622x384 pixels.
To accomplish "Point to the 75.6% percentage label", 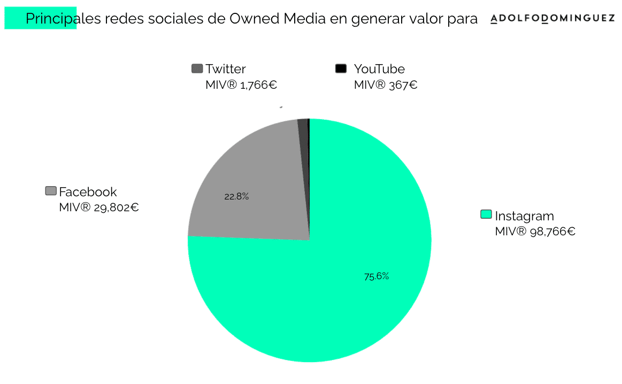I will click(x=377, y=277).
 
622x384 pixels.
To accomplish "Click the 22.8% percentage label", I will click(x=236, y=196).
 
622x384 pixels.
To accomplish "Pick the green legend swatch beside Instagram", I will click(x=486, y=215).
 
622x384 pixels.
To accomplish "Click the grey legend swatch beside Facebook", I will click(x=51, y=191).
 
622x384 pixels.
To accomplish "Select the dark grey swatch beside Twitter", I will click(x=197, y=68).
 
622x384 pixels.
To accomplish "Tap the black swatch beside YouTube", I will click(x=341, y=68).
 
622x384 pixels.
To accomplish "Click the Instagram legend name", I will click(x=524, y=216).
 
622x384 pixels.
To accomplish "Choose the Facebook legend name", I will click(x=88, y=192).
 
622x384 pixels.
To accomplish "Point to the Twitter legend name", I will click(x=226, y=69).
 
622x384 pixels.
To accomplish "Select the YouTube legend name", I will click(x=379, y=69).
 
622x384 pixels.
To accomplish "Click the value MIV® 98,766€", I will click(x=535, y=232).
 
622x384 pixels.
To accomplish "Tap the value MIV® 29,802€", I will click(x=99, y=208).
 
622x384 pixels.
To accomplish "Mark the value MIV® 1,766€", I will click(x=241, y=85).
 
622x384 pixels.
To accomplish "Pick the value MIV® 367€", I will click(x=386, y=85).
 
